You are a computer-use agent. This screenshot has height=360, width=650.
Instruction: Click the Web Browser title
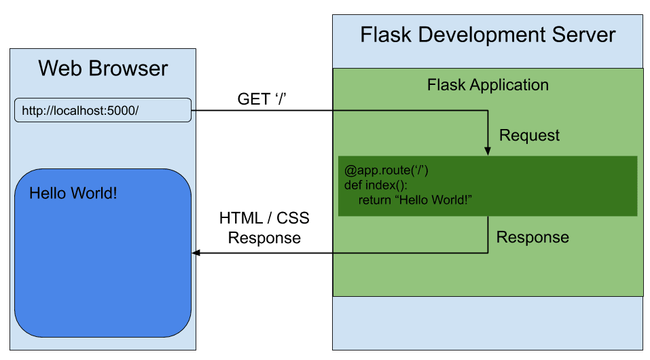pyautogui.click(x=103, y=69)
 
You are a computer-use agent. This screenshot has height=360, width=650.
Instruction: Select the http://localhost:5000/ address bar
pyautogui.click(x=103, y=110)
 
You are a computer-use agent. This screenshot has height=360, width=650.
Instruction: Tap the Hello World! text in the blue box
pyautogui.click(x=73, y=194)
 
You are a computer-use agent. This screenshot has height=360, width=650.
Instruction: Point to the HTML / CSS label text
pyautogui.click(x=264, y=218)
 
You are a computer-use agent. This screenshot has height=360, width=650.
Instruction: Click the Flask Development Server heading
pyautogui.click(x=488, y=35)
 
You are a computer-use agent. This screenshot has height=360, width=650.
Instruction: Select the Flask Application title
pyautogui.click(x=488, y=85)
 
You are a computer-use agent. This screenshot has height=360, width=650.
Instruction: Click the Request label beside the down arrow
pyautogui.click(x=529, y=135)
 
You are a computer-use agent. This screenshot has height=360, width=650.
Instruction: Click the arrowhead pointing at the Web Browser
pyautogui.click(x=197, y=253)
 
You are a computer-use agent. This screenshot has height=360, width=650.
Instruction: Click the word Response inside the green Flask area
pyautogui.click(x=532, y=237)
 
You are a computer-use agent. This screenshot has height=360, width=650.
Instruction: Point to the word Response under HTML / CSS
pyautogui.click(x=264, y=238)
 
